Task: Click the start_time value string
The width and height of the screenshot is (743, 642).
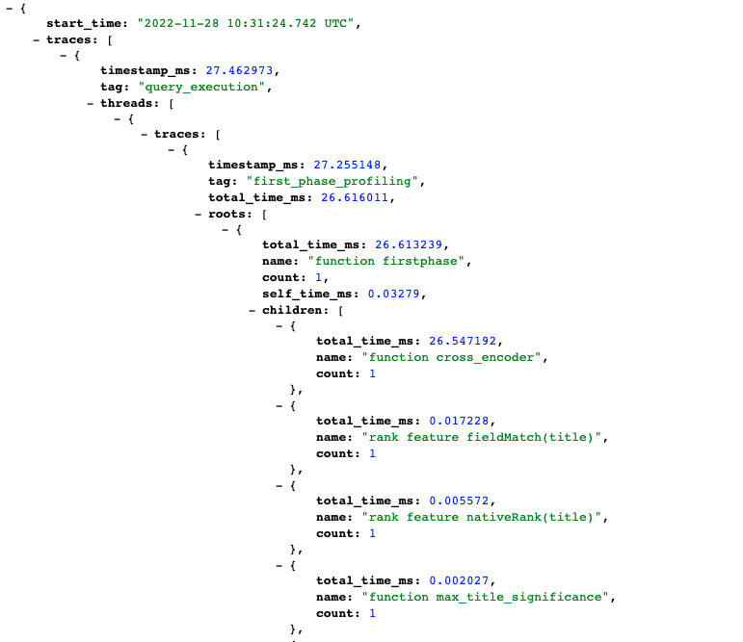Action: tap(246, 23)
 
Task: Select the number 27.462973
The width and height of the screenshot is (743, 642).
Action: tap(239, 70)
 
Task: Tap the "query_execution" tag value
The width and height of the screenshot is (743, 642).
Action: tap(201, 88)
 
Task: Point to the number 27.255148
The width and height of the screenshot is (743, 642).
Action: tap(347, 165)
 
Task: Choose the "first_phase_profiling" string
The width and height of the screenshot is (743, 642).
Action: tap(332, 181)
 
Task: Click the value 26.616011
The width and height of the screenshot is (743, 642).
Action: tap(355, 197)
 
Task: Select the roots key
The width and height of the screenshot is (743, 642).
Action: tap(227, 214)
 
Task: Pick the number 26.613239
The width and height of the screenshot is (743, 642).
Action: tap(409, 244)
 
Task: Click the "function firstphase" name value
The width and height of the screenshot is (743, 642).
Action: tap(386, 262)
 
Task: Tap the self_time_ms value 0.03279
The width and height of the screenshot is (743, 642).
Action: tap(394, 294)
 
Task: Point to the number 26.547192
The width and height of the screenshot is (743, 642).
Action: tap(463, 341)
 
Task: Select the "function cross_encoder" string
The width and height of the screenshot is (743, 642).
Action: tap(452, 357)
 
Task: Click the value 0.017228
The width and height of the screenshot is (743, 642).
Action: tap(459, 421)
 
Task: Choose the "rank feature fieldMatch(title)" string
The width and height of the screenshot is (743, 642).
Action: tap(482, 438)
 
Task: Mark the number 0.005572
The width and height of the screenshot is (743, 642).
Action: tap(459, 501)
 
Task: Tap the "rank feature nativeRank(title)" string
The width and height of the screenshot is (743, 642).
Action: tap(482, 518)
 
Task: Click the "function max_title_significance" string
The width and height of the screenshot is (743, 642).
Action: tap(486, 598)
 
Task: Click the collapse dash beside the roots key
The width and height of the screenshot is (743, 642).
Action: tap(199, 215)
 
